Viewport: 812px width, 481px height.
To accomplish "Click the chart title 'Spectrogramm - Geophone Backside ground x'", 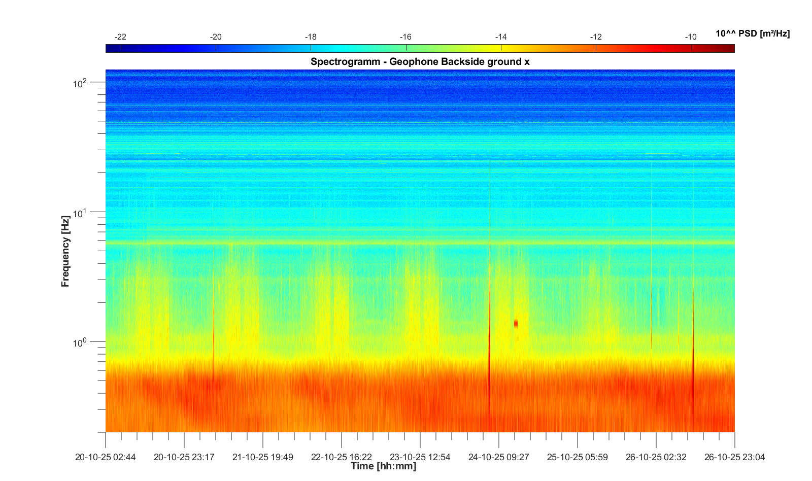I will [420, 62].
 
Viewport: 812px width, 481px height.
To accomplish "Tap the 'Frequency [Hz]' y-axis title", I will [65, 251].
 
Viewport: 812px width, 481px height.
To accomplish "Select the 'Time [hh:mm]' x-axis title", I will [383, 466].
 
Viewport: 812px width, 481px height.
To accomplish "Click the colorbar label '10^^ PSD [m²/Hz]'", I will [753, 34].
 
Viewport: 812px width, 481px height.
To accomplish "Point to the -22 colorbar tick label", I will [120, 37].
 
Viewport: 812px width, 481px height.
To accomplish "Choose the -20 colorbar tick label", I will [216, 37].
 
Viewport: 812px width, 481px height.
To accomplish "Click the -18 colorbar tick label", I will [311, 37].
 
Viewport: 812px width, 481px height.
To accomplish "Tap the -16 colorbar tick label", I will [405, 37].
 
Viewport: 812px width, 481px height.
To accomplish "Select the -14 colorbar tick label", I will [501, 37].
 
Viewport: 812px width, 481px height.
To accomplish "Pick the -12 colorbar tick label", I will [596, 37].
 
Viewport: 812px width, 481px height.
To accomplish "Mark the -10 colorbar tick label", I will [691, 37].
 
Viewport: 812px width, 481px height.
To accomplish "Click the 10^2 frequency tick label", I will [80, 83].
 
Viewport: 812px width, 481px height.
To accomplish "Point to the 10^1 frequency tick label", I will [80, 213].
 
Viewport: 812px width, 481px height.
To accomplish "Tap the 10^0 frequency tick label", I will [80, 343].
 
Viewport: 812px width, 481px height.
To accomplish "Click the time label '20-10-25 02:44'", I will [106, 457].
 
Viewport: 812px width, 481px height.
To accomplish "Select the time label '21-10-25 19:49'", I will [263, 457].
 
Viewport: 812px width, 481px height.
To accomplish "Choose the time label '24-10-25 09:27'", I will [499, 457].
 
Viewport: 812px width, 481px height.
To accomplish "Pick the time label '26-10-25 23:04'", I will [734, 457].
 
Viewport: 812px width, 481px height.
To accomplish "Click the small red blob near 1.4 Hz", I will [516, 323].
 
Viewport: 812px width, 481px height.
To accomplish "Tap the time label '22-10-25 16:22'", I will [342, 457].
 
